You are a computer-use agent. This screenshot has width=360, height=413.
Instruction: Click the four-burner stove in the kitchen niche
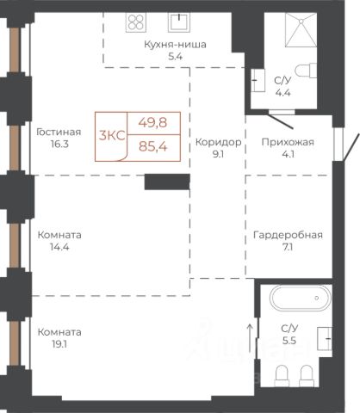tap(136, 22)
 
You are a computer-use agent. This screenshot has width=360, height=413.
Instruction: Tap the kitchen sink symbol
tap(179, 22)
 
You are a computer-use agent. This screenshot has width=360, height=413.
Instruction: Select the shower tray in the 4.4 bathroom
tap(301, 29)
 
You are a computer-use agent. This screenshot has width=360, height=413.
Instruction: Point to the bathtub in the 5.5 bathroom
tap(301, 298)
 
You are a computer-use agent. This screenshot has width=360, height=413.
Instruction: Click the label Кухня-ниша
tap(175, 45)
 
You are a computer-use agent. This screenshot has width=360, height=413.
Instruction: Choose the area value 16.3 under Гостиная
tap(59, 144)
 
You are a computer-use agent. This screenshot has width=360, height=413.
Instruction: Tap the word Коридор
tap(218, 142)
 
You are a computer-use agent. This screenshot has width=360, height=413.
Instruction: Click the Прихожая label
tap(288, 142)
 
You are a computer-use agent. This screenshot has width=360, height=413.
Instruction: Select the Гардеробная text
tap(288, 235)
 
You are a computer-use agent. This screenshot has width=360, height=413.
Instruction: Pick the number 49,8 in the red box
tap(152, 123)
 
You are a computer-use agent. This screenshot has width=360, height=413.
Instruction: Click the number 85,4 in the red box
tap(153, 147)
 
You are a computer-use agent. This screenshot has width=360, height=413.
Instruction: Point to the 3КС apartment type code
tap(112, 135)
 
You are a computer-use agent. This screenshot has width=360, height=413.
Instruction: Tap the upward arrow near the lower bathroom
tap(250, 338)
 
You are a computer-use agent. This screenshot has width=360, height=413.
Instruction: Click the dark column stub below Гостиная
tap(167, 182)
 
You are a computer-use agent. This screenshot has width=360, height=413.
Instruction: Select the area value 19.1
tap(59, 344)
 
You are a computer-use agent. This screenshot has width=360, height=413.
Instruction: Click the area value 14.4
tap(59, 247)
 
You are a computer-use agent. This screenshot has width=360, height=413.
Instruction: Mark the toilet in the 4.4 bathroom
tap(306, 71)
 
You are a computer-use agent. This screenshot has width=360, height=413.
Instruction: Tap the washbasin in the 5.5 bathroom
tap(325, 338)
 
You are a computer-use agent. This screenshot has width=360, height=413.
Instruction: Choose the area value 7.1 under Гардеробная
tap(288, 247)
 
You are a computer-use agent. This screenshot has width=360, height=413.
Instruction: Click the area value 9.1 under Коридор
tap(218, 154)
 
